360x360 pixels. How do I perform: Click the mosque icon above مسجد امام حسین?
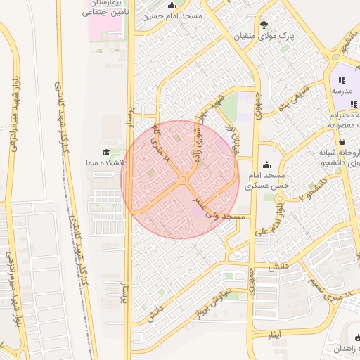(172, 6)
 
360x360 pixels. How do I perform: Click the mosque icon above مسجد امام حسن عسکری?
(264, 164)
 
